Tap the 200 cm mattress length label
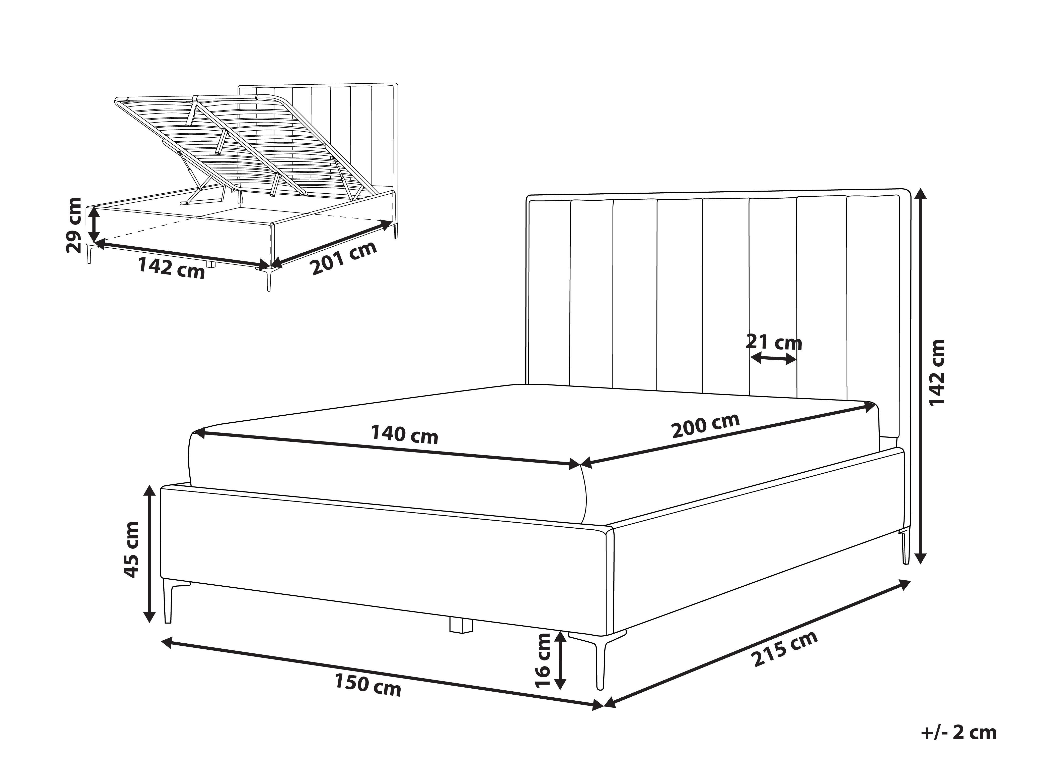706,425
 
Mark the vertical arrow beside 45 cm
149,553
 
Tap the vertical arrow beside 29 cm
94,225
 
